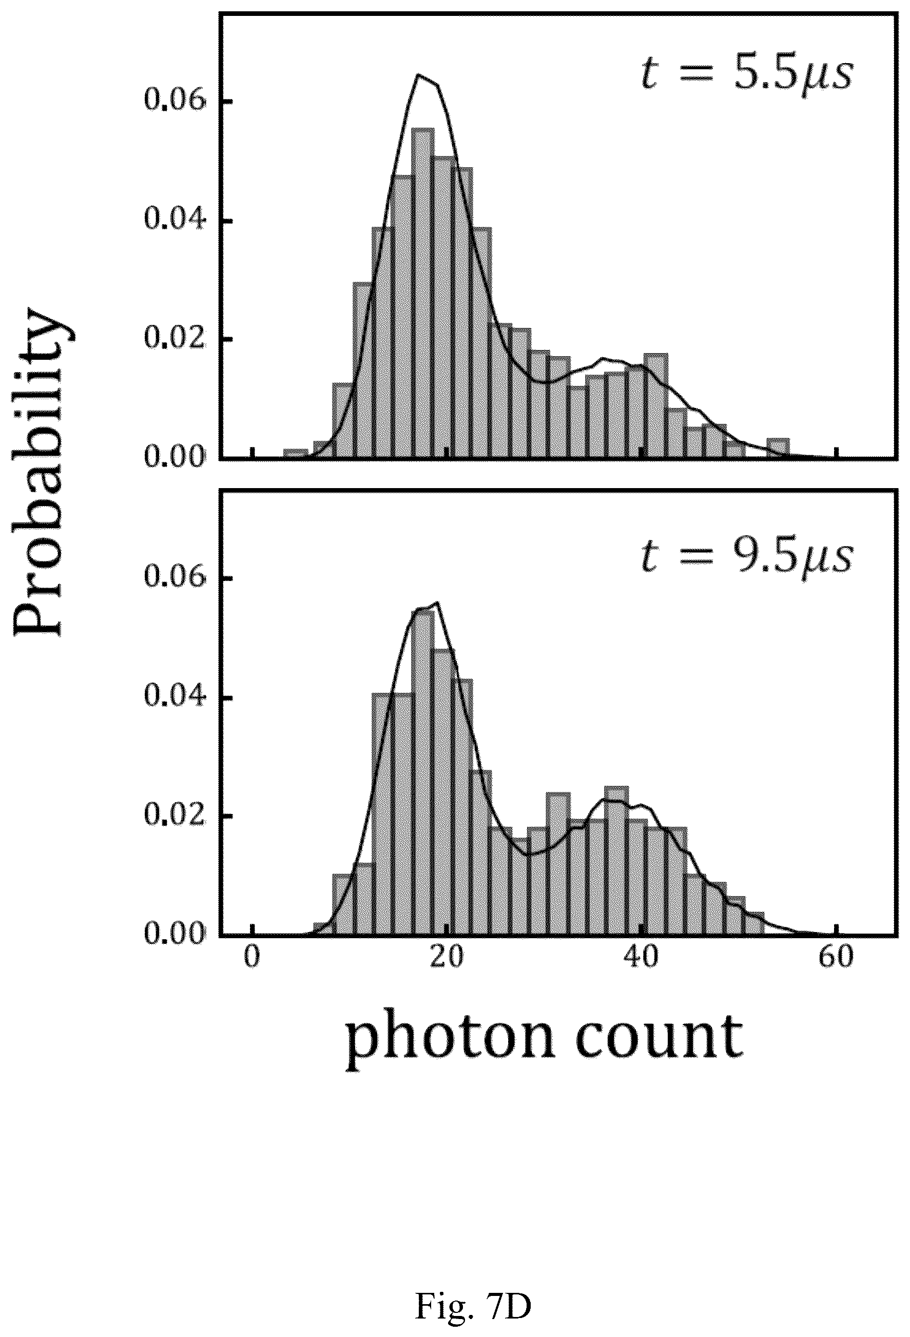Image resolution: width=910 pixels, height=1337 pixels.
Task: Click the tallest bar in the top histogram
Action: (423, 294)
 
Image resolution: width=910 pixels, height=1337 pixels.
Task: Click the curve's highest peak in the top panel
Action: (419, 75)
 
